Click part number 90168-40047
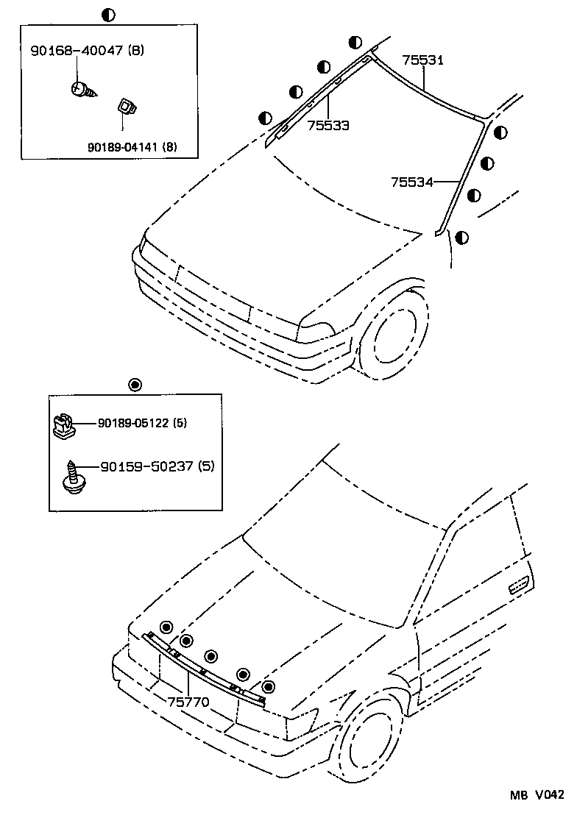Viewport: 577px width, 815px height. click(77, 51)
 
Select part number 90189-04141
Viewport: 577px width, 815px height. click(122, 147)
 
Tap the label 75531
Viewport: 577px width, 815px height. click(422, 60)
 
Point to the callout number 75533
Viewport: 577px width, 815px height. click(328, 125)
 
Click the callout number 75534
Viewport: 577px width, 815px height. click(411, 181)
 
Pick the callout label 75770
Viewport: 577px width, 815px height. click(188, 702)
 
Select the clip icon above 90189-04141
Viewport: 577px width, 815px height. click(126, 108)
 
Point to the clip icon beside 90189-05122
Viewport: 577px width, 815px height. click(66, 426)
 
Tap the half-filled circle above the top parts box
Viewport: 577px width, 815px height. click(108, 14)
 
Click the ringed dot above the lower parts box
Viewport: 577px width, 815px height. click(134, 384)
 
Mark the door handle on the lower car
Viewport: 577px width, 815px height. click(519, 586)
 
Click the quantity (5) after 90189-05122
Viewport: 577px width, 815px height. click(181, 423)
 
